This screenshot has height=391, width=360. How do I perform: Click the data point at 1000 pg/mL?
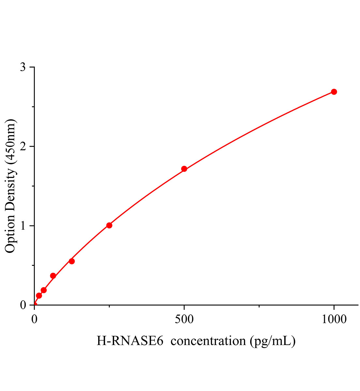click(334, 92)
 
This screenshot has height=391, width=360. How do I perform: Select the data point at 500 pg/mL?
click(184, 169)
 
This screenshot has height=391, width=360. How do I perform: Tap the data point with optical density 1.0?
click(109, 225)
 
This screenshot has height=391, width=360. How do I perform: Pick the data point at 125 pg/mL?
click(72, 261)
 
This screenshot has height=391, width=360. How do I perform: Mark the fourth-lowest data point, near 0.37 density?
click(53, 276)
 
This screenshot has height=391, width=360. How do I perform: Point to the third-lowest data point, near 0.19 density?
click(44, 290)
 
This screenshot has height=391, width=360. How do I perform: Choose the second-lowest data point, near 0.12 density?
click(39, 296)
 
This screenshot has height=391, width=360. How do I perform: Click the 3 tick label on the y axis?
click(23, 67)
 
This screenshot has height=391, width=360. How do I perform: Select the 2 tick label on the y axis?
click(23, 146)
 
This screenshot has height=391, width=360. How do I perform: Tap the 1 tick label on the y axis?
click(23, 226)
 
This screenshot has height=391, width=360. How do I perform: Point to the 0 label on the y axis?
click(23, 305)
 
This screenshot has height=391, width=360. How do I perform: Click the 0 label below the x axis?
click(35, 319)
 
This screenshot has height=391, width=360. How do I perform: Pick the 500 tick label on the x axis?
click(184, 319)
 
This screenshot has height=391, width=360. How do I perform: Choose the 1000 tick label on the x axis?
click(334, 319)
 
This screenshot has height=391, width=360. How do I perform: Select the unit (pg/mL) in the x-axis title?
click(273, 341)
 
